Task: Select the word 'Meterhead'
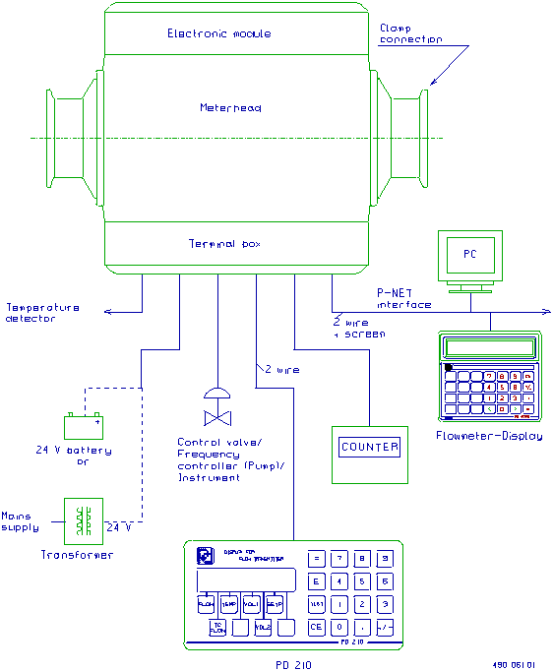tap(230, 107)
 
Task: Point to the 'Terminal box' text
tap(224, 243)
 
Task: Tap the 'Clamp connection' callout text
tap(410, 34)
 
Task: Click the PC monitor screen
tap(470, 255)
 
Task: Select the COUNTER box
tap(370, 448)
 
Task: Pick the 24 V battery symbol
tap(84, 427)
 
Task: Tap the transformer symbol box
tap(84, 520)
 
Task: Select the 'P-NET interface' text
tap(403, 299)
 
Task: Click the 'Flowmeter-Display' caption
tap(489, 436)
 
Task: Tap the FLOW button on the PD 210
tap(207, 604)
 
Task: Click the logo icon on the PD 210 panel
tap(205, 554)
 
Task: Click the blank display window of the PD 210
tap(246, 579)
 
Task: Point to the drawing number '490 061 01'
tap(512, 663)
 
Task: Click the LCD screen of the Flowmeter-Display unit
tap(489, 347)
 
